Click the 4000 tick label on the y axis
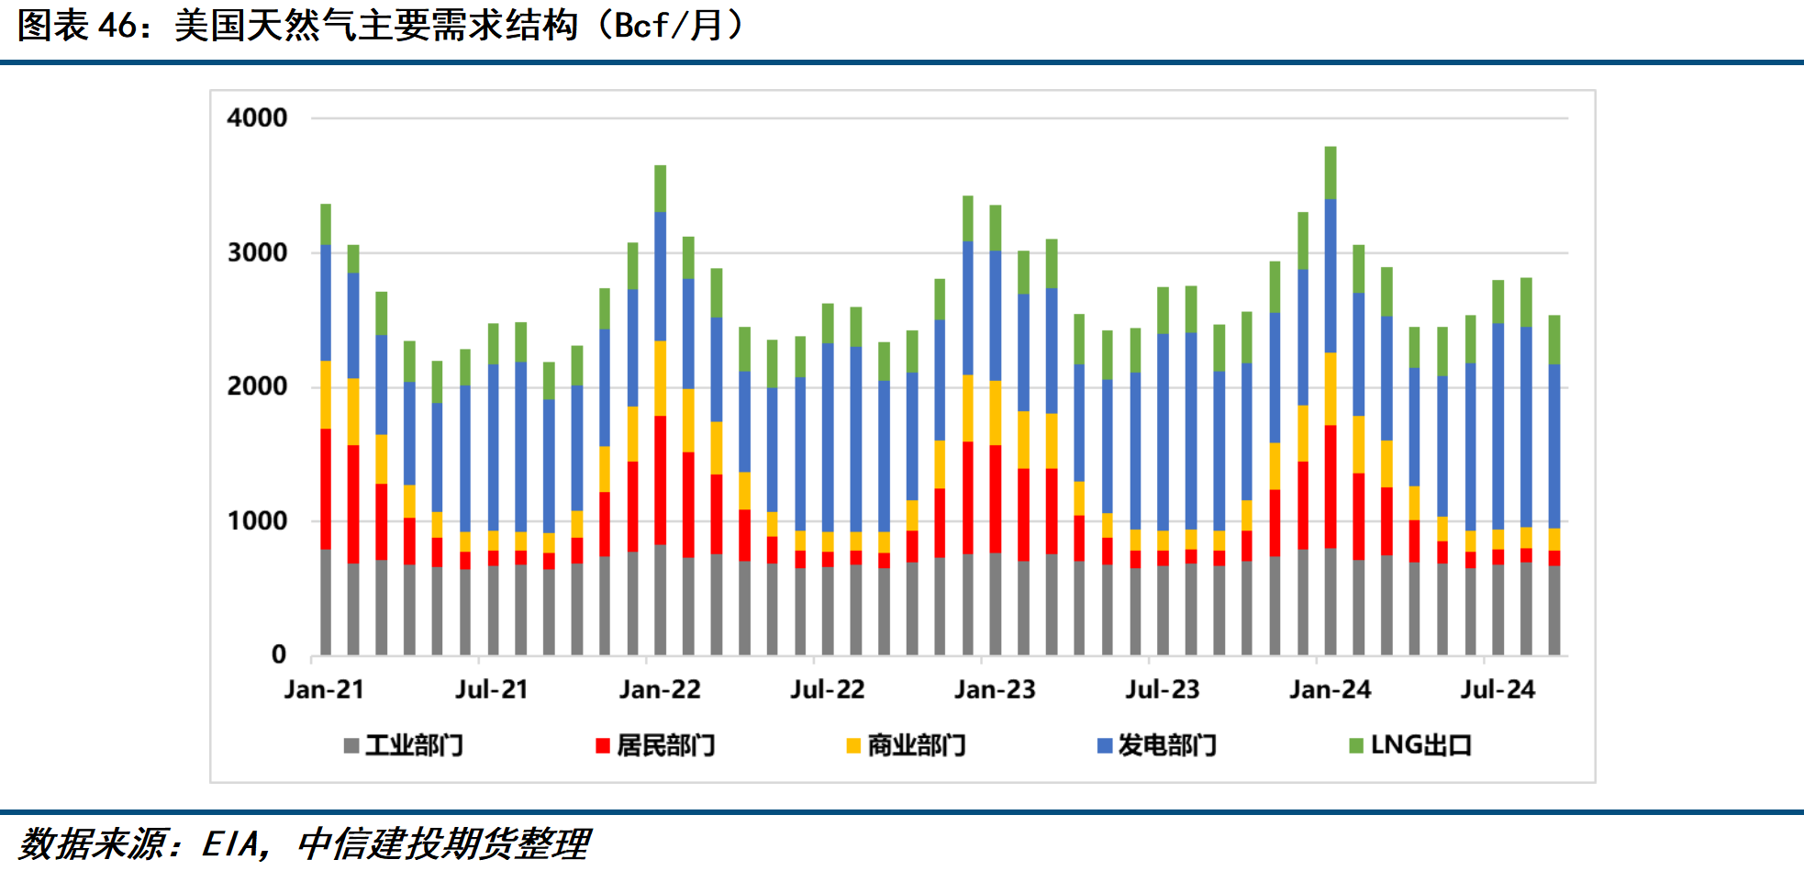coord(257,118)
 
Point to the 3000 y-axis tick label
coord(257,253)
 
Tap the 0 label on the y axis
coord(279,655)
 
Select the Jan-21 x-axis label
coord(324,689)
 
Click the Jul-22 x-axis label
coord(827,689)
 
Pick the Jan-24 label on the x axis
coord(1330,689)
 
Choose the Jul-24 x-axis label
coord(1498,689)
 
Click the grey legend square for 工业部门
coord(351,745)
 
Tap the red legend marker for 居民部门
coord(603,745)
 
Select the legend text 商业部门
coord(917,745)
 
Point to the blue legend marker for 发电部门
coord(1105,745)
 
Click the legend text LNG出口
coord(1420,745)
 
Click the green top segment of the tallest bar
coord(1331,173)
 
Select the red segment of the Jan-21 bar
coord(326,488)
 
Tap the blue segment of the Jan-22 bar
coord(661,275)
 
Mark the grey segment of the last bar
coord(1554,610)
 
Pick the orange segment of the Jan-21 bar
coord(326,395)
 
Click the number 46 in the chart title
coord(117,26)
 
